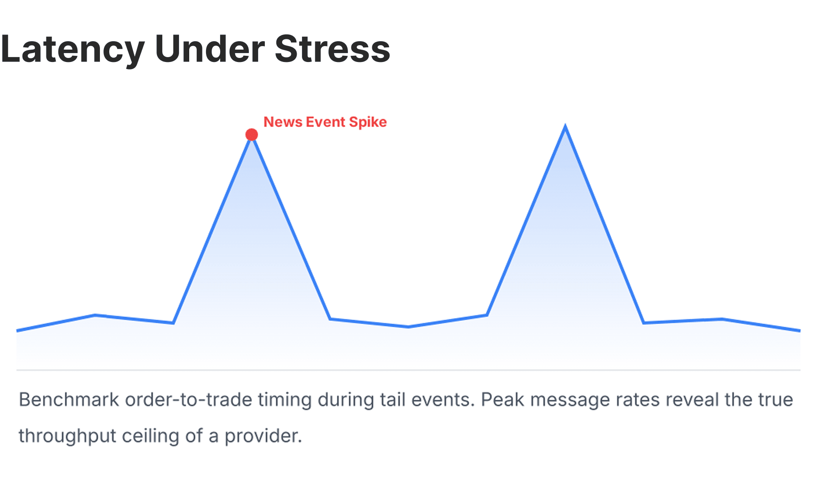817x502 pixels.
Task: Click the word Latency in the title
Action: tap(73, 50)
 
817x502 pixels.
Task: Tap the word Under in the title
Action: tap(210, 49)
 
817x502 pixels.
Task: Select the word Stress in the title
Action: tap(332, 49)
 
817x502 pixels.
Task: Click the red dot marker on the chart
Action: tap(252, 135)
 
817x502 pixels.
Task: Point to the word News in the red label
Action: tap(283, 122)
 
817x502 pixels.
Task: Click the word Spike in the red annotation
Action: tap(367, 122)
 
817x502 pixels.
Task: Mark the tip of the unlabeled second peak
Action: tap(565, 127)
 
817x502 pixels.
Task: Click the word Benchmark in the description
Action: tap(69, 400)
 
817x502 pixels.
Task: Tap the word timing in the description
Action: tap(285, 400)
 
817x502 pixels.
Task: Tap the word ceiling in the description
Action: tap(150, 436)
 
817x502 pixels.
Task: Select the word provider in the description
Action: tap(263, 436)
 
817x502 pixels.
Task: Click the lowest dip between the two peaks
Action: tap(408, 327)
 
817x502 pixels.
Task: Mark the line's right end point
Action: tap(799, 330)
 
